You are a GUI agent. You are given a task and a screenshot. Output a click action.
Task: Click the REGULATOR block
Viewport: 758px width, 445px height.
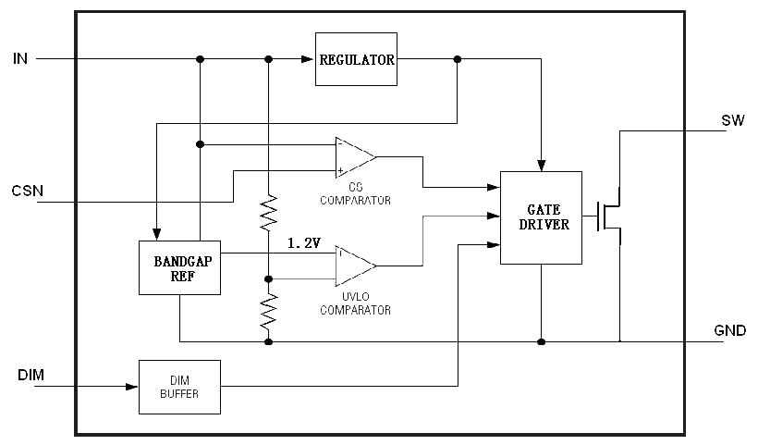(x=356, y=59)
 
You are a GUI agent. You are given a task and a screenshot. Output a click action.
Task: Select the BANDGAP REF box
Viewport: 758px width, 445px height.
(x=179, y=268)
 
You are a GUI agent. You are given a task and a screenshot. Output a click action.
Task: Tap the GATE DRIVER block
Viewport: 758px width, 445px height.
(x=541, y=217)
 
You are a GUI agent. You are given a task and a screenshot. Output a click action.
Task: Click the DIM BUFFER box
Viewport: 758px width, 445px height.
(x=179, y=386)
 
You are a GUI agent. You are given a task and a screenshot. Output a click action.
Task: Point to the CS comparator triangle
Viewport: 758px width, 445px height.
(x=353, y=157)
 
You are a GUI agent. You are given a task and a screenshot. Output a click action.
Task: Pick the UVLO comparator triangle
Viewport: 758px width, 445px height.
(x=353, y=266)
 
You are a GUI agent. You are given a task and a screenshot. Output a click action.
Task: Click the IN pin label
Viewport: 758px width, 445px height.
(x=20, y=59)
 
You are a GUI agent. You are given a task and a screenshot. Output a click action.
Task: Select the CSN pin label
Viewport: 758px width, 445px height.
(x=28, y=192)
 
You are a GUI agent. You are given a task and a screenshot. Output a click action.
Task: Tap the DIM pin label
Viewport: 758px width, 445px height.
(x=31, y=376)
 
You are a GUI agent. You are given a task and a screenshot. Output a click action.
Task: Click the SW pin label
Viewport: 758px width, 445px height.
(x=732, y=122)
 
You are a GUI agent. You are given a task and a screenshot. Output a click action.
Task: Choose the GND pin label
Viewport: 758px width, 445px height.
(x=729, y=330)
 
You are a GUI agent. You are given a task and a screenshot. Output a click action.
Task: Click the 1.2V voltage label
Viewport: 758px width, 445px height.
(x=304, y=242)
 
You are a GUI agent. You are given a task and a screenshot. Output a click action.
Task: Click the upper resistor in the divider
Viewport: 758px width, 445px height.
(x=269, y=213)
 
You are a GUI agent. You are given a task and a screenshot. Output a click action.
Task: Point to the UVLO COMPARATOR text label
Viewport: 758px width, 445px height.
(x=355, y=304)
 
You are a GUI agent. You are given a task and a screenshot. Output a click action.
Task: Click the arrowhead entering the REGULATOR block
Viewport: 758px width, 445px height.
(x=309, y=59)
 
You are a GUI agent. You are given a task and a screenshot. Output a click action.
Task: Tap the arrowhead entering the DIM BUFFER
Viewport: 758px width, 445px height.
(x=132, y=386)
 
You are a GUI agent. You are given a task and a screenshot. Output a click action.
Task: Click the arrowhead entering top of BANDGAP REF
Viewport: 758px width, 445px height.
(x=157, y=234)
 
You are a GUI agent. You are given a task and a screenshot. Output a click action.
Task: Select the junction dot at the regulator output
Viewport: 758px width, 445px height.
(x=457, y=59)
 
